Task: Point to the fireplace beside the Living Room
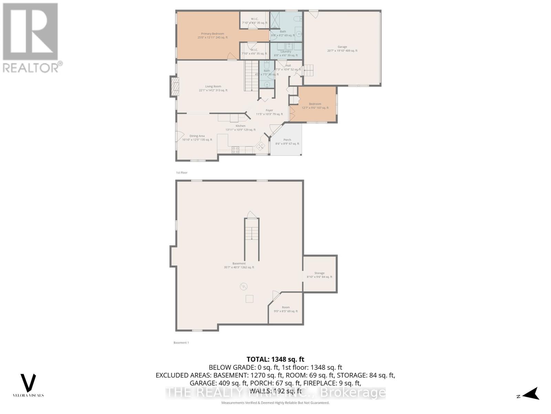tap(175, 86)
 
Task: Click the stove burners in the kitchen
tap(236, 150)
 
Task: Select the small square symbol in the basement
tap(249, 299)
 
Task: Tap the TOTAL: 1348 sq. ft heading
tap(275, 359)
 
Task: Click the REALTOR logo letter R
tap(30, 32)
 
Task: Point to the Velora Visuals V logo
tap(29, 383)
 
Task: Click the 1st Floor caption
tap(181, 172)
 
